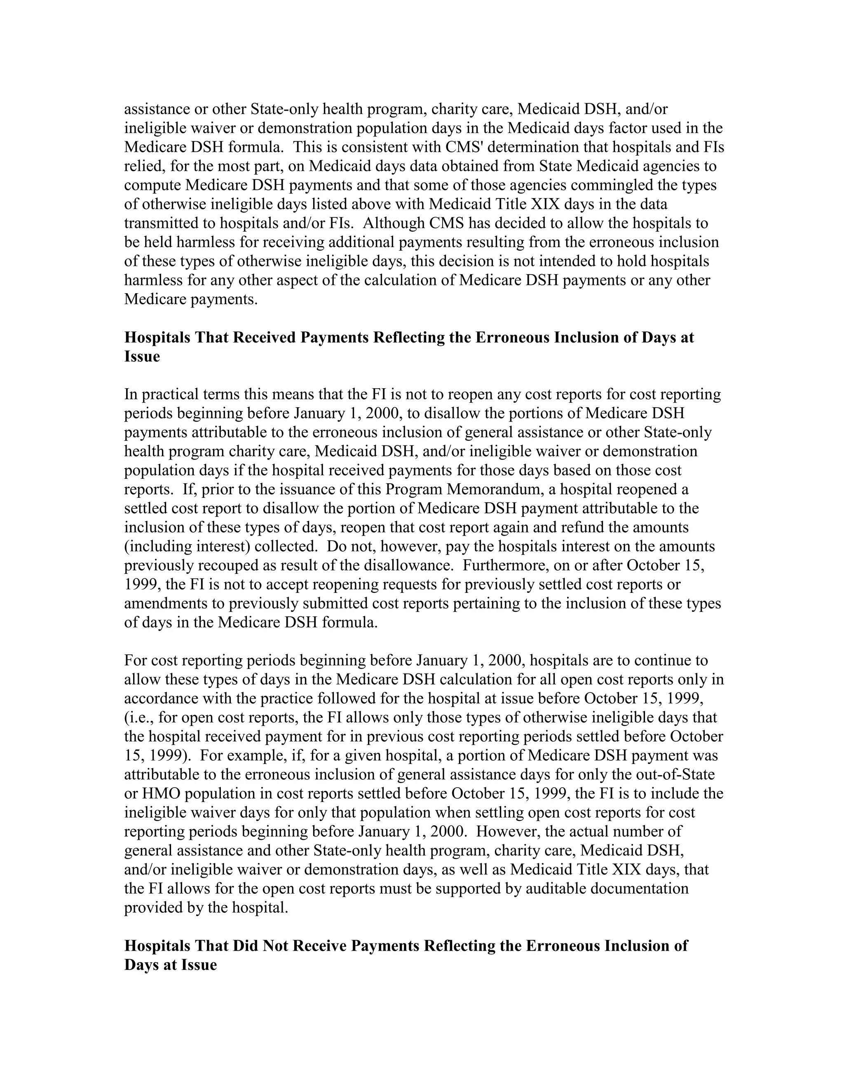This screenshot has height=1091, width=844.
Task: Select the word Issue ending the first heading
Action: (142, 357)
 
